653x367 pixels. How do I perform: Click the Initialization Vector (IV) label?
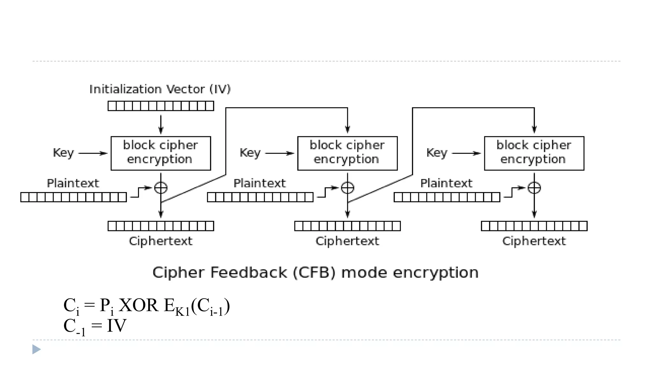[160, 89]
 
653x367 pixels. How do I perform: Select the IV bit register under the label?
[161, 106]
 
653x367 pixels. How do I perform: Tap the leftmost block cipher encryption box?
[161, 153]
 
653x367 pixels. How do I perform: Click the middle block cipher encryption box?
[347, 153]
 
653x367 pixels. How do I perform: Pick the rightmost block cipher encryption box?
[534, 153]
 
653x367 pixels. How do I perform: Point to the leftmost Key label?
[63, 153]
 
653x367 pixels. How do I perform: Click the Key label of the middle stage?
[250, 153]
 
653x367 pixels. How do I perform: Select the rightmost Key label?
[437, 153]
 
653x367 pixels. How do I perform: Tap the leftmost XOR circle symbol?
[161, 188]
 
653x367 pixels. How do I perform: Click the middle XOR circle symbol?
[348, 188]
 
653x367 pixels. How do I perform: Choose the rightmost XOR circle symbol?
[534, 188]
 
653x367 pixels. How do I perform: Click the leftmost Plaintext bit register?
[73, 197]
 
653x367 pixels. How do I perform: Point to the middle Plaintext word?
[260, 183]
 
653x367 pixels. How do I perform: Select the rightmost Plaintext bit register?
[447, 197]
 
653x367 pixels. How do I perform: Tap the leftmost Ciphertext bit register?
[161, 226]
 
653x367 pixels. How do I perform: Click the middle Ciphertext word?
[347, 241]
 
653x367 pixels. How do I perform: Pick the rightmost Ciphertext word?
[534, 241]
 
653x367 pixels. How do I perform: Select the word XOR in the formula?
[138, 305]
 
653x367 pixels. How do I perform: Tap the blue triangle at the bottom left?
[36, 349]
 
